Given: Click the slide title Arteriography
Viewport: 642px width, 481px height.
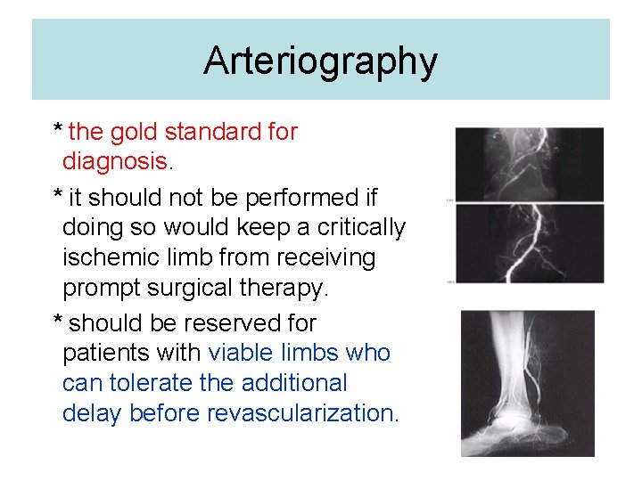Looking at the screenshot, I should pos(320,61).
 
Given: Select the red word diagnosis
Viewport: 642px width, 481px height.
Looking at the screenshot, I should pos(114,161).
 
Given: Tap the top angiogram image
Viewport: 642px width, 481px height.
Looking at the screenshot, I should pos(529,165).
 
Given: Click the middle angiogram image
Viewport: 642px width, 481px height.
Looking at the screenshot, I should pos(529,243).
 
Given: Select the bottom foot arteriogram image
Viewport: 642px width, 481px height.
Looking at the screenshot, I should pos(527,383).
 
